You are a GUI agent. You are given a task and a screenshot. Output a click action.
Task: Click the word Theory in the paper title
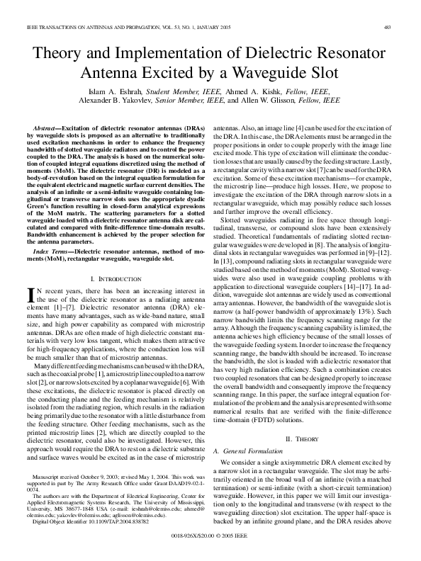coord(60,54)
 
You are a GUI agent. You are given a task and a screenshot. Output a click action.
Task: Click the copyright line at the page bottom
coord(211,535)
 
